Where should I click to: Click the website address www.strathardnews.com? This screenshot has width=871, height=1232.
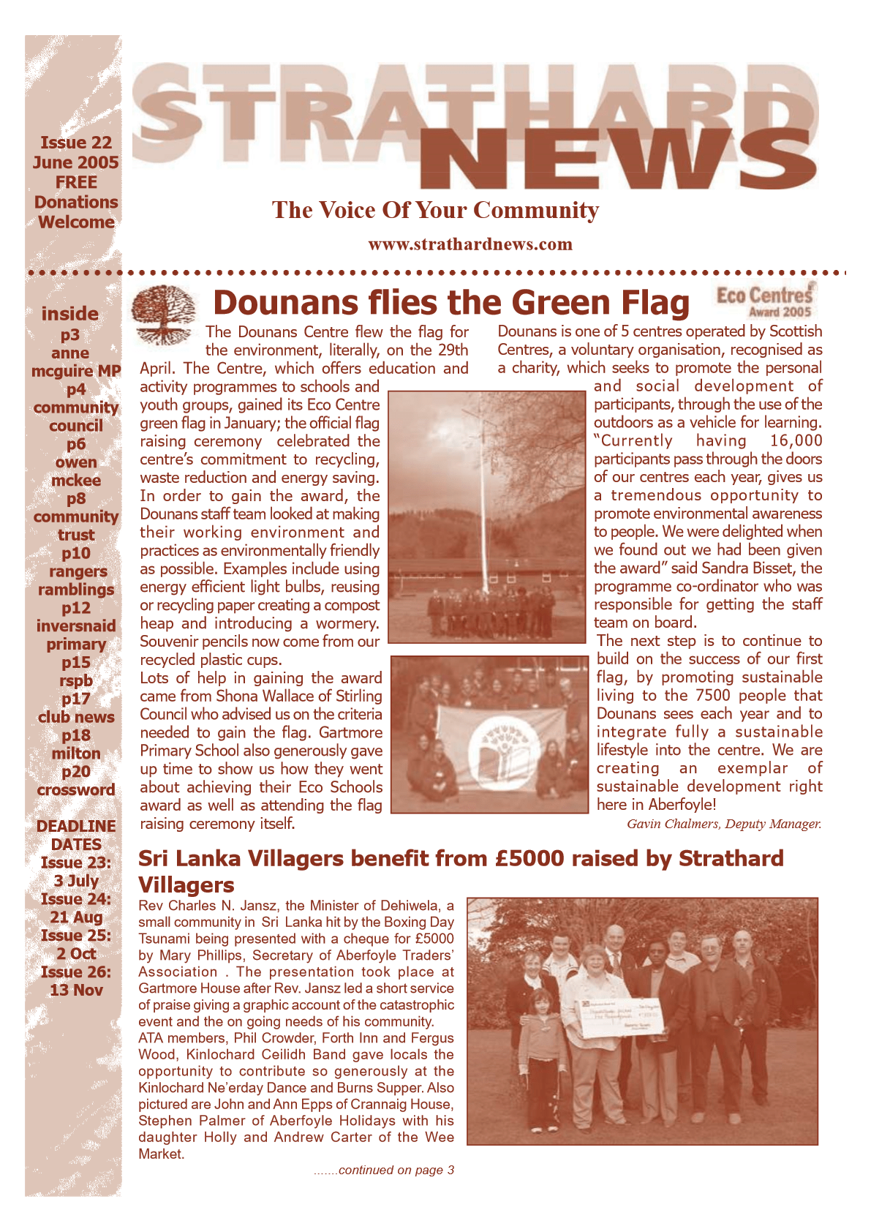pyautogui.click(x=470, y=244)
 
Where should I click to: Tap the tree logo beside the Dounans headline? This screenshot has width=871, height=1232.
pyautogui.click(x=163, y=313)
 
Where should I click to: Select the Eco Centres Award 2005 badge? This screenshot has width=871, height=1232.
pyautogui.click(x=764, y=300)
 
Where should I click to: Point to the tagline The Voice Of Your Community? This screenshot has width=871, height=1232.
pyautogui.click(x=435, y=210)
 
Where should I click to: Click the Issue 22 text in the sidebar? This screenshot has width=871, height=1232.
pyautogui.click(x=76, y=143)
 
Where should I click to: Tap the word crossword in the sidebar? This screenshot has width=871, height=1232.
pyautogui.click(x=76, y=790)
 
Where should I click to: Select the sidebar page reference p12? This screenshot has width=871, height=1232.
pyautogui.click(x=76, y=608)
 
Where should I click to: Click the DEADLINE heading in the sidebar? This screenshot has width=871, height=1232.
pyautogui.click(x=76, y=826)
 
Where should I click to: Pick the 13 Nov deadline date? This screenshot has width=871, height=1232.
pyautogui.click(x=76, y=990)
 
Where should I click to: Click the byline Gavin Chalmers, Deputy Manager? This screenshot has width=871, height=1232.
pyautogui.click(x=724, y=824)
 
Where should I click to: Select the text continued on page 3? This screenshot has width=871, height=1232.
pyautogui.click(x=385, y=1170)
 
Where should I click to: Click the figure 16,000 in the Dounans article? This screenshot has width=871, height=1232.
pyautogui.click(x=796, y=440)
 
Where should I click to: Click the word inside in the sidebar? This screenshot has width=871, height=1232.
pyautogui.click(x=69, y=314)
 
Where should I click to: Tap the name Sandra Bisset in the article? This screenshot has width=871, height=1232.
pyautogui.click(x=747, y=568)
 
